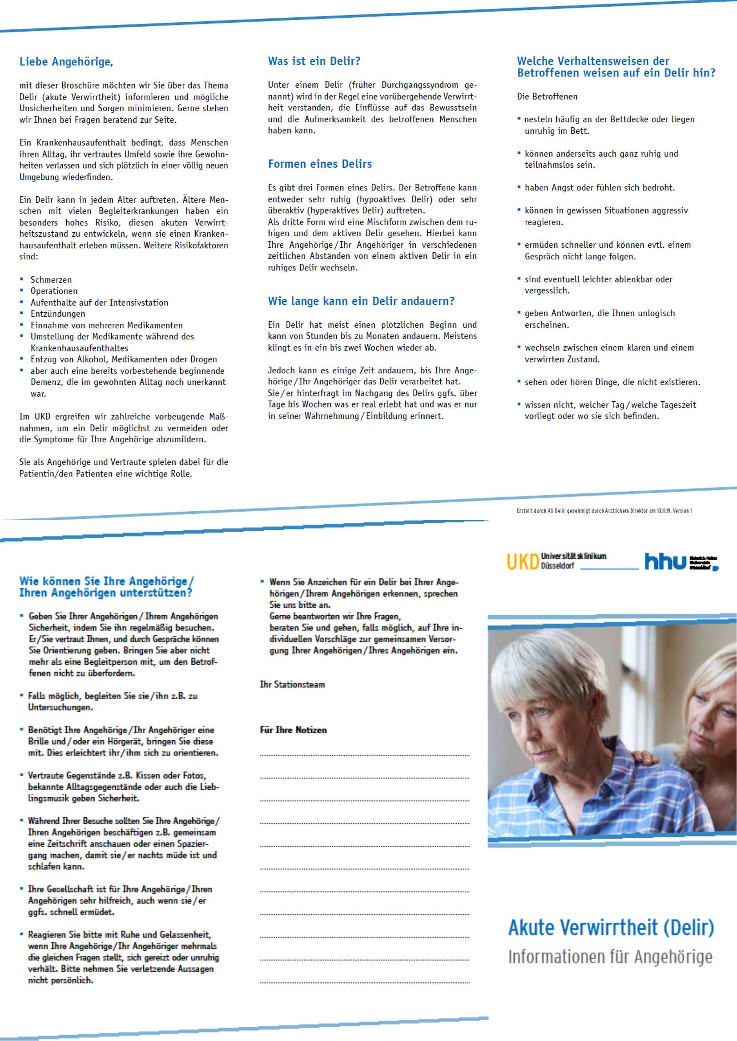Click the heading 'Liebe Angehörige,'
pyautogui.click(x=66, y=62)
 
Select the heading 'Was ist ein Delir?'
pyautogui.click(x=314, y=61)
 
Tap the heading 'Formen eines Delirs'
pyautogui.click(x=319, y=164)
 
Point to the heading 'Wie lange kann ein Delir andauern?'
pyautogui.click(x=361, y=301)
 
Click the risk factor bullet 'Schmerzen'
pyautogui.click(x=51, y=279)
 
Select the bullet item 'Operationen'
pyautogui.click(x=53, y=291)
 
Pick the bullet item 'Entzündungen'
pyautogui.click(x=58, y=314)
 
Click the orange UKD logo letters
pyautogui.click(x=522, y=561)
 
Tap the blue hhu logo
pyautogui.click(x=665, y=561)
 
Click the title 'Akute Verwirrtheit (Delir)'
pyautogui.click(x=611, y=928)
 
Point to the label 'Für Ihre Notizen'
pyautogui.click(x=293, y=730)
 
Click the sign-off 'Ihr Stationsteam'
pyautogui.click(x=292, y=684)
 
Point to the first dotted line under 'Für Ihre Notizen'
pyautogui.click(x=364, y=755)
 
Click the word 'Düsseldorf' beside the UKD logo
pyautogui.click(x=557, y=566)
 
